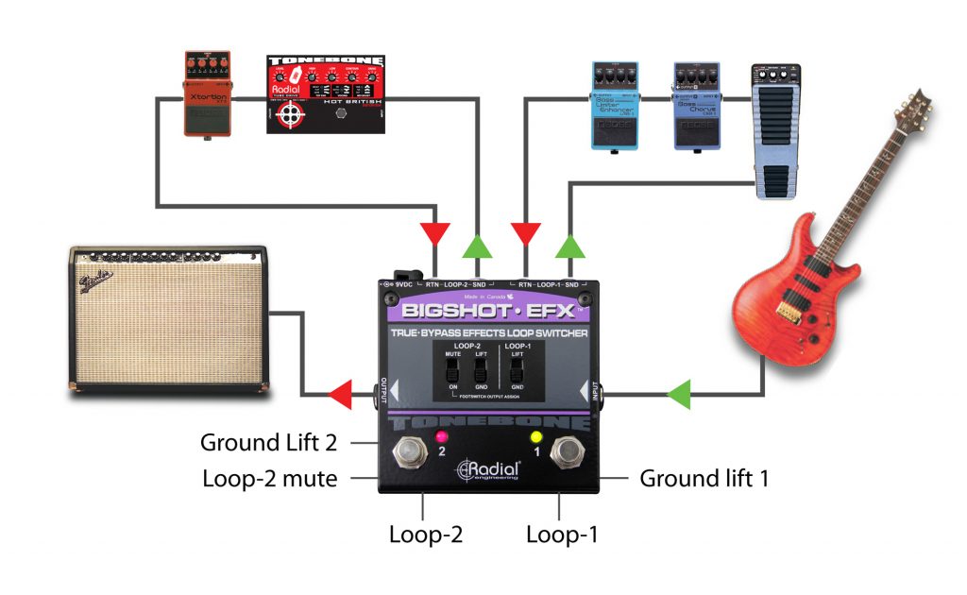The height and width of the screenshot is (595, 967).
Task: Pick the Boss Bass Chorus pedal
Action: coord(696,106)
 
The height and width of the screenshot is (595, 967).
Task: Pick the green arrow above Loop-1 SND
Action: coord(568,246)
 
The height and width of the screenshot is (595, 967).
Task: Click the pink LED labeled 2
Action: coord(441,436)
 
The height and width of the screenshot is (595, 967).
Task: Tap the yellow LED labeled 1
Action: coord(535,436)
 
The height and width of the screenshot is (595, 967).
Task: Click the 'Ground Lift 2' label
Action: coord(269,442)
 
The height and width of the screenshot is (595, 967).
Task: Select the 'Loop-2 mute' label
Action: coord(269,478)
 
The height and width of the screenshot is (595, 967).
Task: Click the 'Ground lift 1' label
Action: coord(704,478)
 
